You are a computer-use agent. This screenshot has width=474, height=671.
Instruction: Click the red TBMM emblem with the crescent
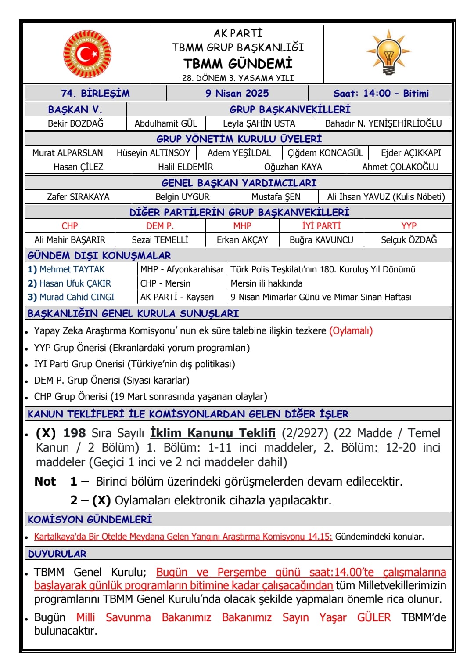(x=87, y=54)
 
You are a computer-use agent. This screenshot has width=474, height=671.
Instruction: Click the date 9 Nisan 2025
(x=237, y=93)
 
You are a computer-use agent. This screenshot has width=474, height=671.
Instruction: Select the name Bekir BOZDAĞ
(x=75, y=123)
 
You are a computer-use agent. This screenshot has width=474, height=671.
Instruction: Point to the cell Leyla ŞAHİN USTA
(x=259, y=123)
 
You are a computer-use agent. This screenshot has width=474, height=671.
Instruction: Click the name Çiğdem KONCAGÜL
(x=325, y=153)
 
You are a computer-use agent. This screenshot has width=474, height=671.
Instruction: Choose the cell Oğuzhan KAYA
(x=293, y=167)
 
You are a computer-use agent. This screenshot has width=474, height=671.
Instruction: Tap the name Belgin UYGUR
(x=182, y=197)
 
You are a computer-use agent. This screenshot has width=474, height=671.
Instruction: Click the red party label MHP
(x=242, y=226)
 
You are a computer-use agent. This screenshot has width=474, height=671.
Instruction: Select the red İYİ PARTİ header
(x=321, y=226)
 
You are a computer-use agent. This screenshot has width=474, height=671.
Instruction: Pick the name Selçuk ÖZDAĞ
(x=409, y=240)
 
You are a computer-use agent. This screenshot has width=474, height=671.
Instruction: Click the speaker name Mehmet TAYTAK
(x=72, y=269)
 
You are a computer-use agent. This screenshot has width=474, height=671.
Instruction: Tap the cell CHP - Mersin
(x=165, y=283)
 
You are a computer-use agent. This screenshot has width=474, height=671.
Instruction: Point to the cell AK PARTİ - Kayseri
(x=177, y=297)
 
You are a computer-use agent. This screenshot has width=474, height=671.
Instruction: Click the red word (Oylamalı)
(x=351, y=331)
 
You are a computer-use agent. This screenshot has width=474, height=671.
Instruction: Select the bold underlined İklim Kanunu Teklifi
(x=213, y=433)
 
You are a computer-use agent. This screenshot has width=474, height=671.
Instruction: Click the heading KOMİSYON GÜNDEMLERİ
(x=90, y=519)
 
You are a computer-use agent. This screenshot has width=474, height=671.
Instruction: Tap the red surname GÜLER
(x=373, y=617)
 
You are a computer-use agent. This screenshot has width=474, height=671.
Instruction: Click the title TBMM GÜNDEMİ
(x=237, y=64)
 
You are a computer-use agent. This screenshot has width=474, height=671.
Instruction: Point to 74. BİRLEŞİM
(x=95, y=93)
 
